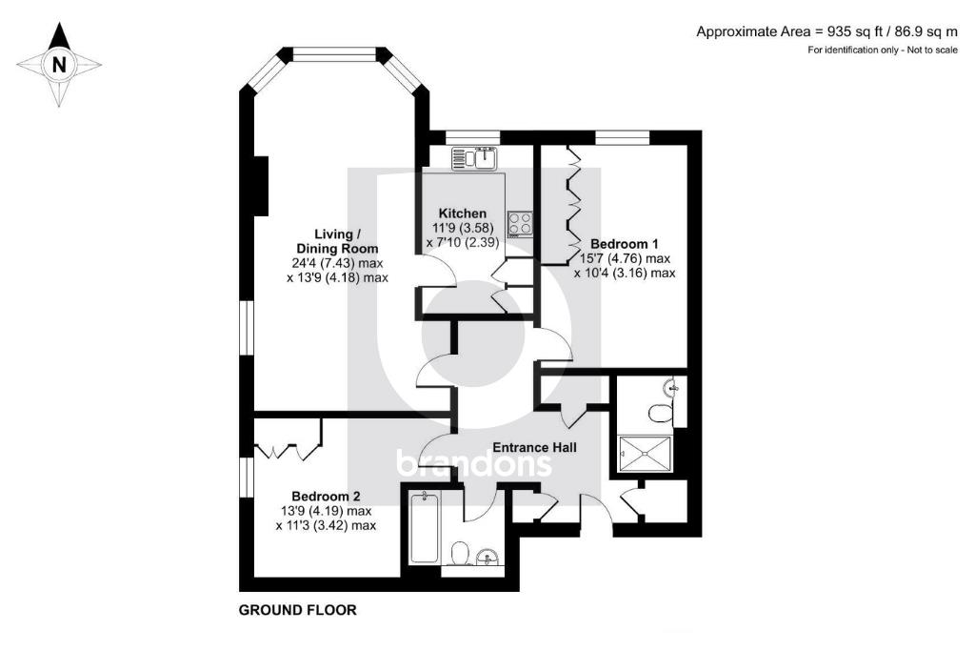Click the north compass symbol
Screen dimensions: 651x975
coord(59,65)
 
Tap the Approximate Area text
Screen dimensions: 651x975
coord(826,31)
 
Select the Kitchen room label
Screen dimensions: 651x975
coord(462,213)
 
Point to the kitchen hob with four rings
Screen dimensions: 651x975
coord(521,224)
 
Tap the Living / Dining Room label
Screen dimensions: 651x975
coord(338,241)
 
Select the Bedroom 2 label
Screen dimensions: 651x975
coord(326,496)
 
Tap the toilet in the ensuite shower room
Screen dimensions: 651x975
coord(660,413)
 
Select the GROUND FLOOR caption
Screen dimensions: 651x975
coord(297,610)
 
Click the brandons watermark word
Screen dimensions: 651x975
coord(473,464)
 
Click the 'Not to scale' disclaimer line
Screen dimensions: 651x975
coord(883,50)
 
